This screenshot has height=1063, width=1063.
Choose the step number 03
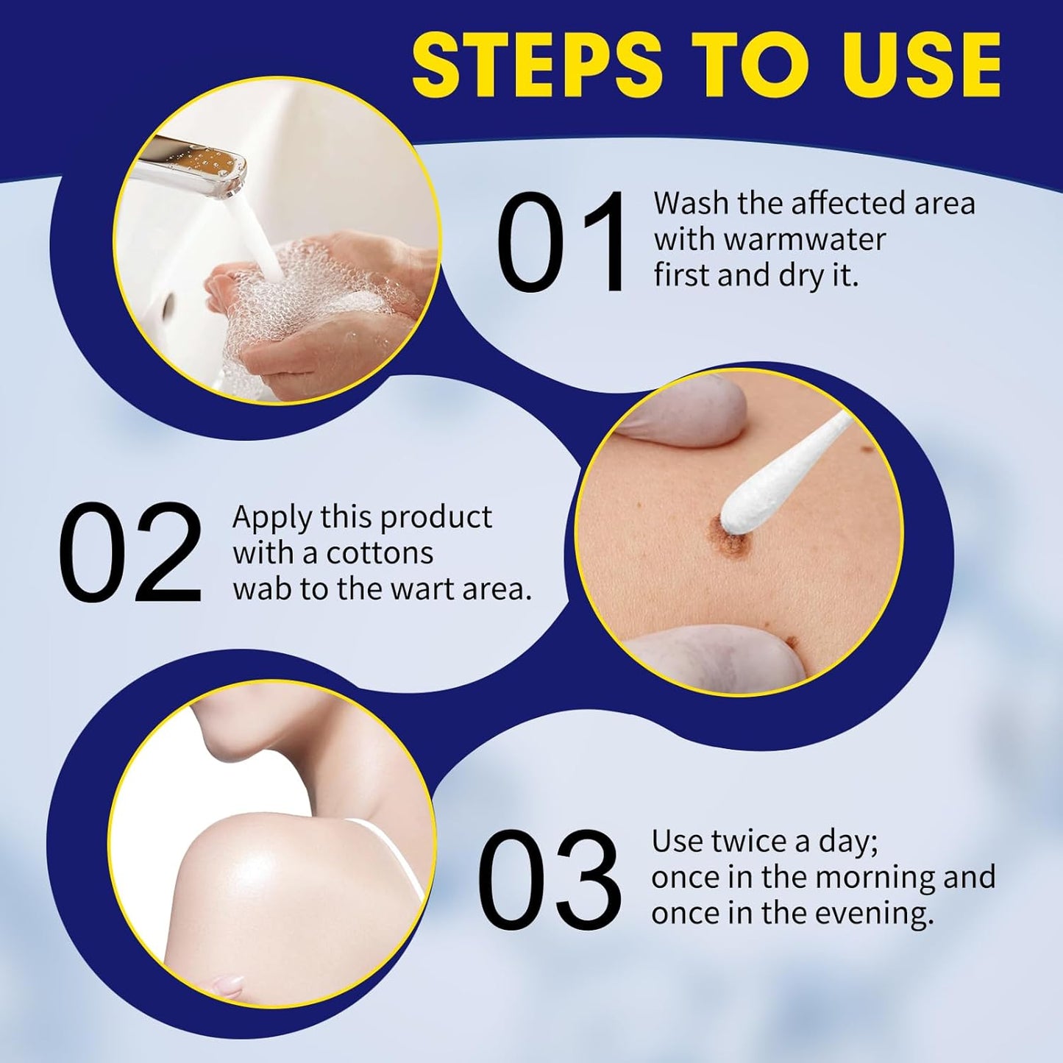[549, 877]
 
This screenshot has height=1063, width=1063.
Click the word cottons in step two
[380, 553]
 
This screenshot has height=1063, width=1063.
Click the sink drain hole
[168, 303]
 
